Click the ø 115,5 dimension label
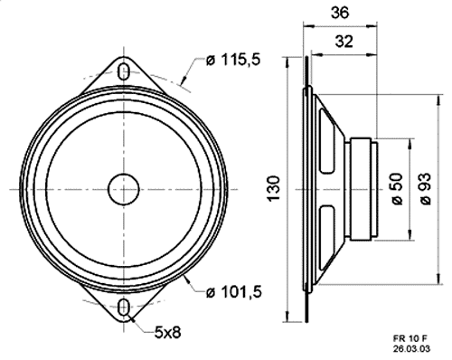(x=232, y=60)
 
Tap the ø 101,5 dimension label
(x=233, y=292)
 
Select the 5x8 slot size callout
(x=167, y=333)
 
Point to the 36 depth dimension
(x=340, y=13)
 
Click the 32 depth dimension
(x=344, y=42)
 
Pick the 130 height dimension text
(x=274, y=188)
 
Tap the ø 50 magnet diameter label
(x=398, y=188)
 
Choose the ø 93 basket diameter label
(x=426, y=188)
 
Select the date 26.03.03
(x=411, y=349)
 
